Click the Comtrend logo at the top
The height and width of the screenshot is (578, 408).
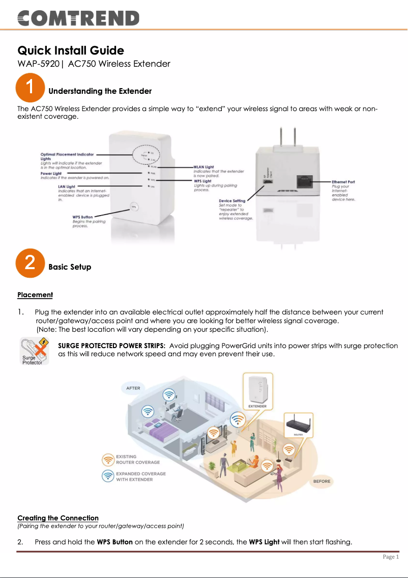78,19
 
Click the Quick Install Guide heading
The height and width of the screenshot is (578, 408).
71,50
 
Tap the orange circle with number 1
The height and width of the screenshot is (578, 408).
30,87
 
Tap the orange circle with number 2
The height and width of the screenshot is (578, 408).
30,263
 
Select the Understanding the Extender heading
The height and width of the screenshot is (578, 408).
100,91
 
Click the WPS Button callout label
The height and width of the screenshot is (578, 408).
82,217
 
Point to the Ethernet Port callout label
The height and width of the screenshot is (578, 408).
343,182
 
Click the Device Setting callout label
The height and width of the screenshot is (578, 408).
232,201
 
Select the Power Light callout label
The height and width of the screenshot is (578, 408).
51,174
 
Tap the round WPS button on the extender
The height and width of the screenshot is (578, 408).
133,206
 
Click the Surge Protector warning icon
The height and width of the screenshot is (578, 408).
35,351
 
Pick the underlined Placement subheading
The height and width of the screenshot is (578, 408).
35,295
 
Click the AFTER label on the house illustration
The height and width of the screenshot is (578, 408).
133,388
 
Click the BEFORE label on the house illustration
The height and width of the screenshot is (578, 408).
322,481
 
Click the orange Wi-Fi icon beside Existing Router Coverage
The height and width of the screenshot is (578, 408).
108,460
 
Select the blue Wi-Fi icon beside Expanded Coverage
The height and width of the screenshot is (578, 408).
108,476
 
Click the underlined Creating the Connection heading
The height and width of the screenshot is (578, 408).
58,518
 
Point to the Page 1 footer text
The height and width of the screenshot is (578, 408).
391,557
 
